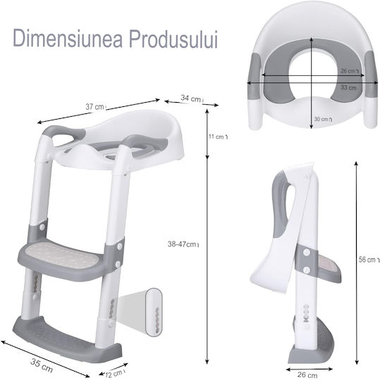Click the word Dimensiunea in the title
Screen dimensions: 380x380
(68, 39)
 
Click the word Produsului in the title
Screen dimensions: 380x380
(173, 39)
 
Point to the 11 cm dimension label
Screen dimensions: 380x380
(218, 137)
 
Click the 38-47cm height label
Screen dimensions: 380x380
(183, 244)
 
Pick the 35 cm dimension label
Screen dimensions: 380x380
(42, 365)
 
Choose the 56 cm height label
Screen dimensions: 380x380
(369, 260)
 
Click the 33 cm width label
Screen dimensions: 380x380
(348, 87)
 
